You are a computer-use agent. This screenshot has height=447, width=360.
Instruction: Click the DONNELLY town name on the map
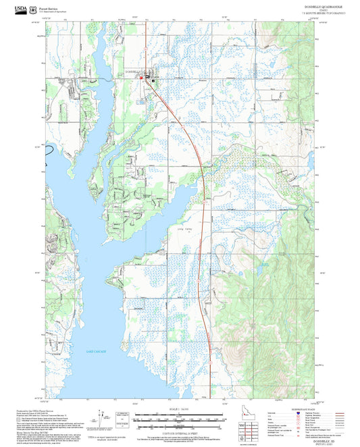[134, 70]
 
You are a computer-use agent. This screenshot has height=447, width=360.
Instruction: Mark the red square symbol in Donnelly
[141, 78]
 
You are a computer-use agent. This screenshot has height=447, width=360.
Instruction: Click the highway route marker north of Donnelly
[146, 49]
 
